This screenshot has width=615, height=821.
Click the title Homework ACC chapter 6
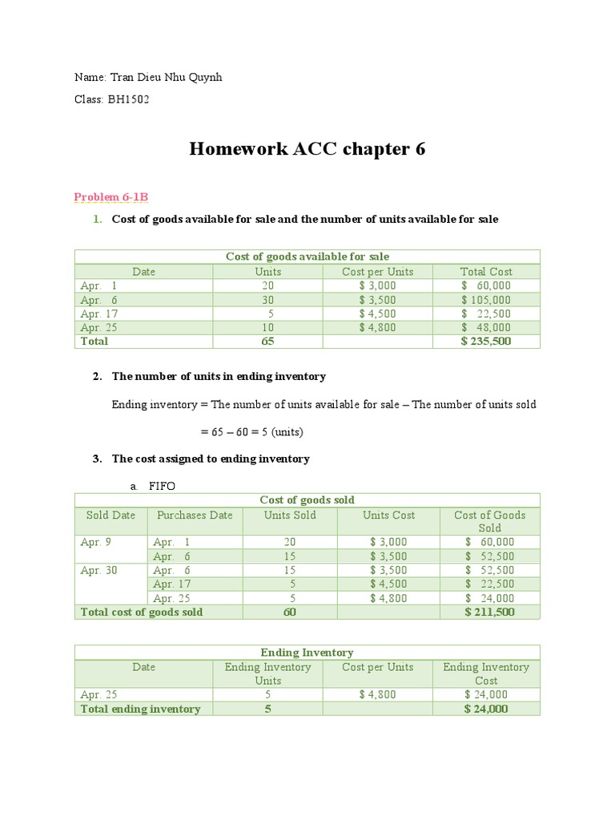307,149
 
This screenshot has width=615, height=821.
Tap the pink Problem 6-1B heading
111,197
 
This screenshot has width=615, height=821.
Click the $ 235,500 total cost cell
486,342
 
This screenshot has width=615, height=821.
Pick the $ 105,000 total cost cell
486,300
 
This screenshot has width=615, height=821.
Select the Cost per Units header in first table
377,272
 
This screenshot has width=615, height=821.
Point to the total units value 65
267,342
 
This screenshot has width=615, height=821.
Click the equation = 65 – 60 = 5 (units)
252,432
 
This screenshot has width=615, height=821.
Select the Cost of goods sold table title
307,500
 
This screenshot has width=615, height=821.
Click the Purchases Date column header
195,516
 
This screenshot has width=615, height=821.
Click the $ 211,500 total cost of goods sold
489,613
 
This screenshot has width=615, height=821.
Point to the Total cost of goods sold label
142,613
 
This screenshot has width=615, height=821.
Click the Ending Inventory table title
307,653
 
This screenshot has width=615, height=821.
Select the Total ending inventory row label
141,709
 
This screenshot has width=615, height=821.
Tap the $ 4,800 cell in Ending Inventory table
377,694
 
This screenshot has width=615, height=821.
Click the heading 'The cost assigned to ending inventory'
211,459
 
